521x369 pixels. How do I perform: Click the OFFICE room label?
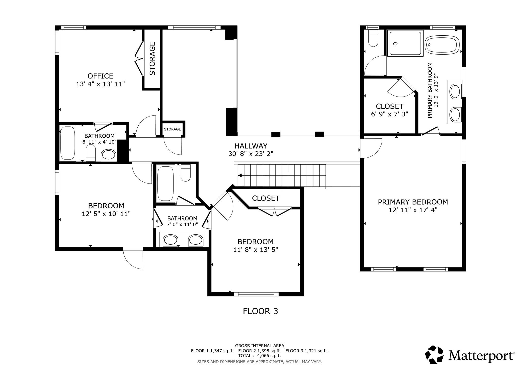coord(100,76)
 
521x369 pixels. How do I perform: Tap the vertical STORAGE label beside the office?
coord(152,59)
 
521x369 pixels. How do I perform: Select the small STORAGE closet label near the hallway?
coord(172,129)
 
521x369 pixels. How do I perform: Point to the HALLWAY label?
coord(251,146)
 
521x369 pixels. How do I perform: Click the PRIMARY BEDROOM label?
coord(413,202)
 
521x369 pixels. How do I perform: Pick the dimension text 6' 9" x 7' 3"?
coord(389,114)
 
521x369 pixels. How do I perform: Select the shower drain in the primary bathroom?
coord(395,44)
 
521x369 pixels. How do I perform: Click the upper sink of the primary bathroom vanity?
coord(456,92)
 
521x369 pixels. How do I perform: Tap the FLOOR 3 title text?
coord(260,311)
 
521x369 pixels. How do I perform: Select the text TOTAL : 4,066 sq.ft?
coord(259,355)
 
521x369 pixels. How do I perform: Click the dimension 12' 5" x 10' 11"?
coord(106,214)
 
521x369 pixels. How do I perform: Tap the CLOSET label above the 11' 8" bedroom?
coord(266,198)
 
